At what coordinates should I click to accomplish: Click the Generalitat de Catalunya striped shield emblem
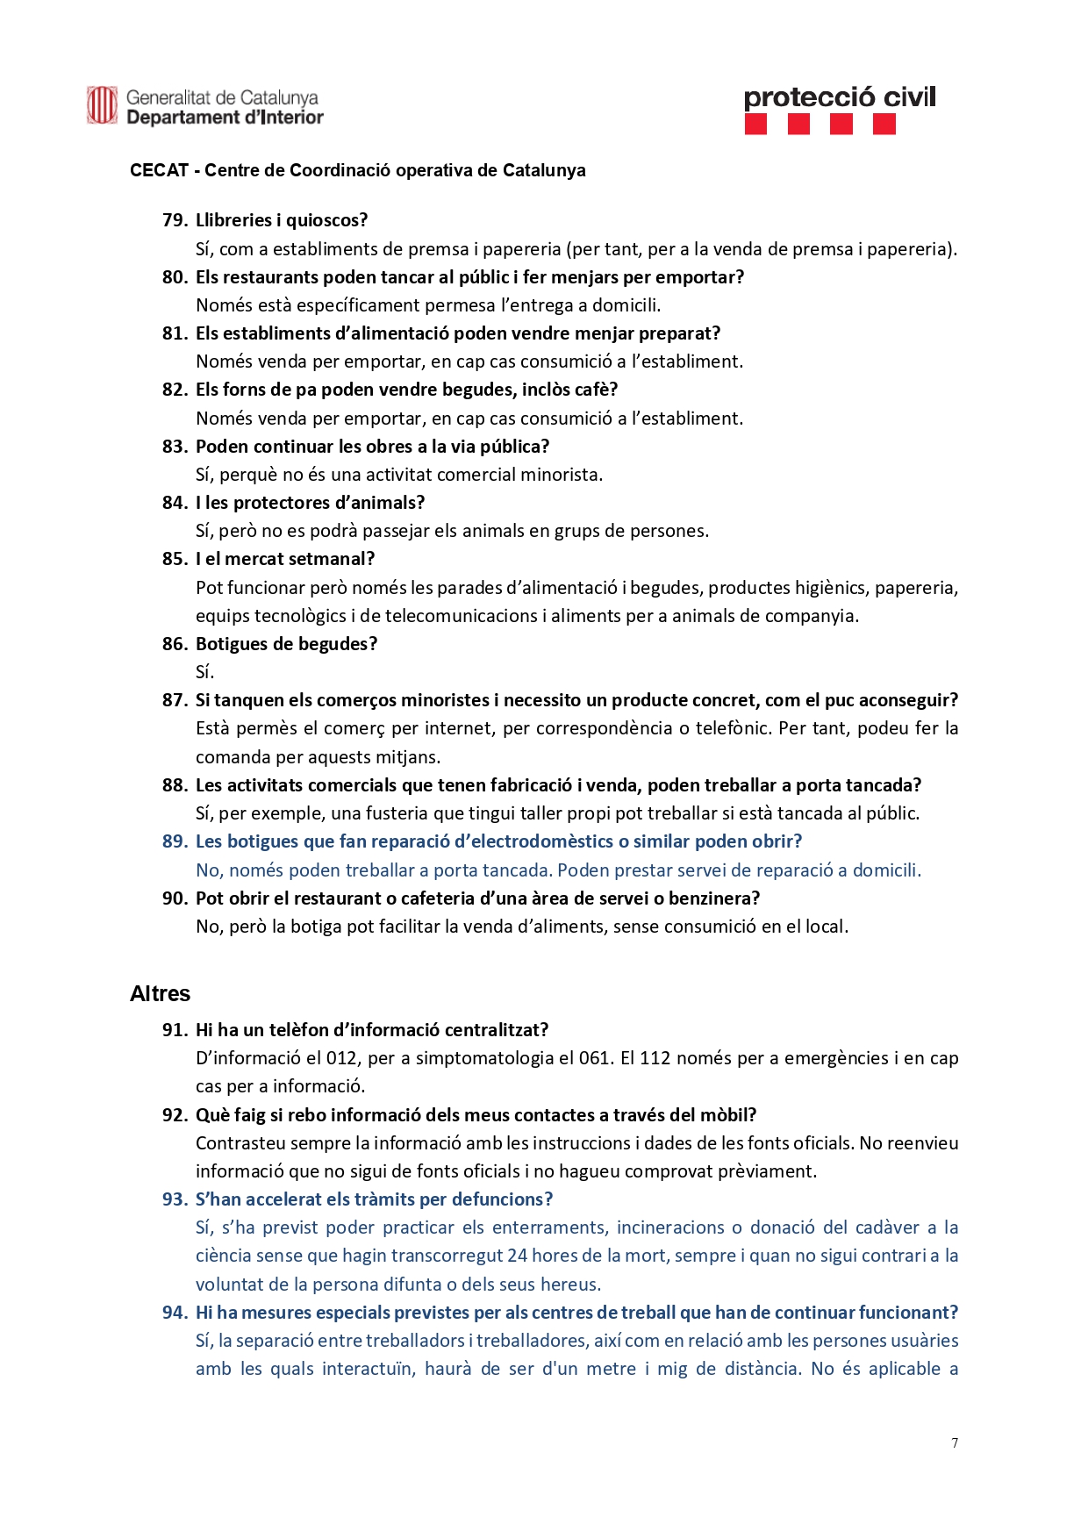pos(102,105)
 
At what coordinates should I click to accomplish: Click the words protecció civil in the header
pos(839,97)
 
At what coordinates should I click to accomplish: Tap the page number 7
pos(955,1442)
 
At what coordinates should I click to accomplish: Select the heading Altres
pos(160,993)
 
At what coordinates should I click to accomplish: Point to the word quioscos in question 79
pos(326,220)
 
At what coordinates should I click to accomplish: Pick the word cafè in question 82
pos(597,390)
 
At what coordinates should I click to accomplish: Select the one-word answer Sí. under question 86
pos(204,672)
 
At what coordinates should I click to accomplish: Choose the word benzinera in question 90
pos(712,898)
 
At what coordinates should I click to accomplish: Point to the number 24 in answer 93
pos(517,1256)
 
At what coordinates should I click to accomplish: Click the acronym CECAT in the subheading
pos(159,170)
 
